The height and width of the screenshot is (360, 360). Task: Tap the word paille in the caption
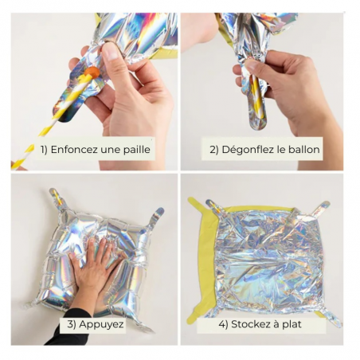point(136,150)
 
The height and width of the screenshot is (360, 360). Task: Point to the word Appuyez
point(101,324)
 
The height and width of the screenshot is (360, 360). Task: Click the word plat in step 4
point(292,324)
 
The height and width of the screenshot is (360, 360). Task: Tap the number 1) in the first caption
point(44,150)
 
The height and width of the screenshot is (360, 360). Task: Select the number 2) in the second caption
point(214,150)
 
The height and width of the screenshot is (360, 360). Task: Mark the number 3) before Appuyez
point(72,324)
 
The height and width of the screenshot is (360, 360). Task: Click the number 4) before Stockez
point(224,324)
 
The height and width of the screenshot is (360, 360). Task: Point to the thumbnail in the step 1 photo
point(110,52)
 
